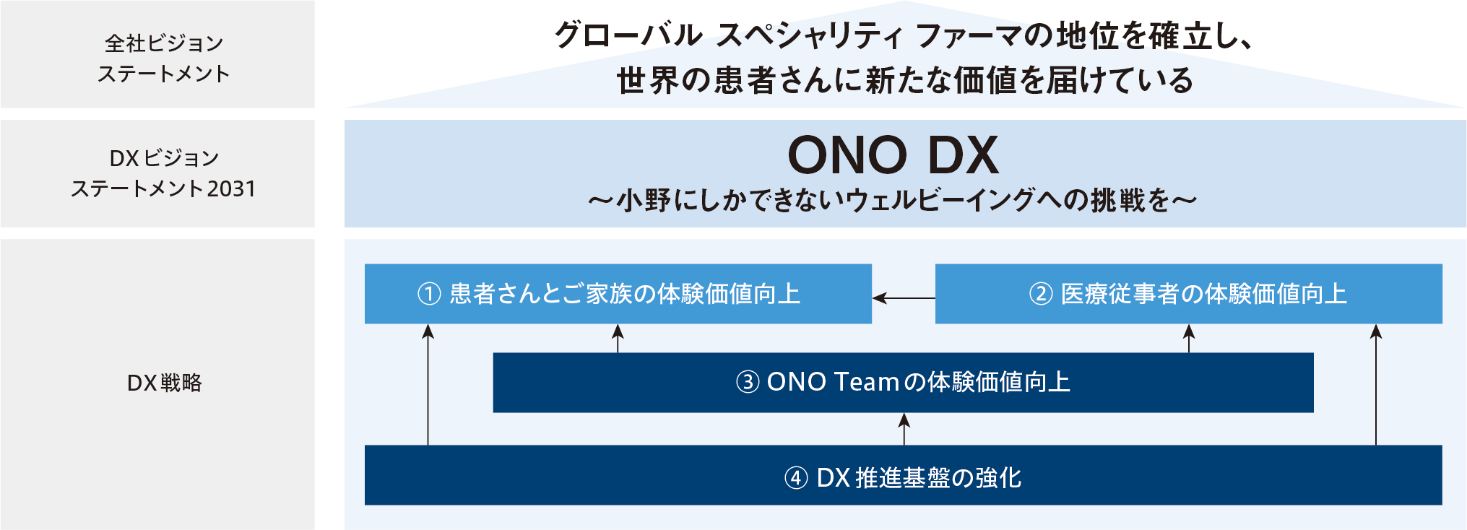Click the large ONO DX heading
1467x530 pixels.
893,155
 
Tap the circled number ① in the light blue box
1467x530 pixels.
429,294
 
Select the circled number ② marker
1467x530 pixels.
1040,294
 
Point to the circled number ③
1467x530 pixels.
747,382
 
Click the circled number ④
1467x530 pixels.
796,478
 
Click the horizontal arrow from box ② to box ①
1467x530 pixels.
903,297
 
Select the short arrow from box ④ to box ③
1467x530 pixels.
904,429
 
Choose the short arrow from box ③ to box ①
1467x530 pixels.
618,338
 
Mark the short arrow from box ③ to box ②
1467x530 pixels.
1189,338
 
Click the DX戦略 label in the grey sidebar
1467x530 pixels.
164,383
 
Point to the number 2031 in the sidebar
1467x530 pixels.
231,189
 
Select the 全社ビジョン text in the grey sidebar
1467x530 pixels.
164,43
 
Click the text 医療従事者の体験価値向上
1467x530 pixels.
1203,294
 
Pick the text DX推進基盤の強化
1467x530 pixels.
919,478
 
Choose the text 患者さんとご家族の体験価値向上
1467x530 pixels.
625,294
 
